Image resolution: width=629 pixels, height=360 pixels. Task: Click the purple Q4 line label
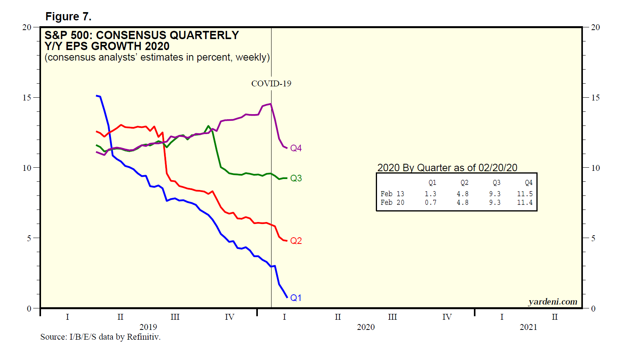pyautogui.click(x=296, y=148)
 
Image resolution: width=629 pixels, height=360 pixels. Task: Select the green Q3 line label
pyautogui.click(x=296, y=178)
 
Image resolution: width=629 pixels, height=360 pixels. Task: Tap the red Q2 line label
pyautogui.click(x=296, y=241)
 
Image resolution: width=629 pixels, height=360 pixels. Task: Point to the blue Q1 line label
pyautogui.click(x=296, y=298)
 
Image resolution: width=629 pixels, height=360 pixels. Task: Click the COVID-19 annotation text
pyautogui.click(x=271, y=84)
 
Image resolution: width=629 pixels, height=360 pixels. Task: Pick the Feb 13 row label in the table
pyautogui.click(x=392, y=194)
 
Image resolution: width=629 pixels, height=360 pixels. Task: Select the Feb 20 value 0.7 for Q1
pyautogui.click(x=431, y=202)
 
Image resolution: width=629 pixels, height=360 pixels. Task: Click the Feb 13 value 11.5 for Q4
pyautogui.click(x=525, y=194)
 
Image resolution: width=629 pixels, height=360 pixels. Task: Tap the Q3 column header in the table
pyautogui.click(x=496, y=183)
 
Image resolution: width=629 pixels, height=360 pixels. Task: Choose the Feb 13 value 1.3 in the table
pyautogui.click(x=431, y=194)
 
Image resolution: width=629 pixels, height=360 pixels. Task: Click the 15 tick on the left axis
pyautogui.click(x=27, y=98)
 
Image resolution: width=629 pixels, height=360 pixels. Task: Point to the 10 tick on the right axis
pyautogui.click(x=595, y=168)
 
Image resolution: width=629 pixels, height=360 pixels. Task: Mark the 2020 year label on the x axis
pyautogui.click(x=366, y=327)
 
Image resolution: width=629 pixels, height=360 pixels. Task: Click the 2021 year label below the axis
pyautogui.click(x=528, y=327)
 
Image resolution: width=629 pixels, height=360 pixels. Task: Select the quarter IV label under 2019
pyautogui.click(x=229, y=317)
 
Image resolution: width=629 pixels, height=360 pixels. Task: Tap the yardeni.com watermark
pyautogui.click(x=552, y=302)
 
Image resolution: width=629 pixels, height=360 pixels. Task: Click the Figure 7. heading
pyautogui.click(x=68, y=17)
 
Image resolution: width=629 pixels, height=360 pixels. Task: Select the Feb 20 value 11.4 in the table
pyautogui.click(x=525, y=202)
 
